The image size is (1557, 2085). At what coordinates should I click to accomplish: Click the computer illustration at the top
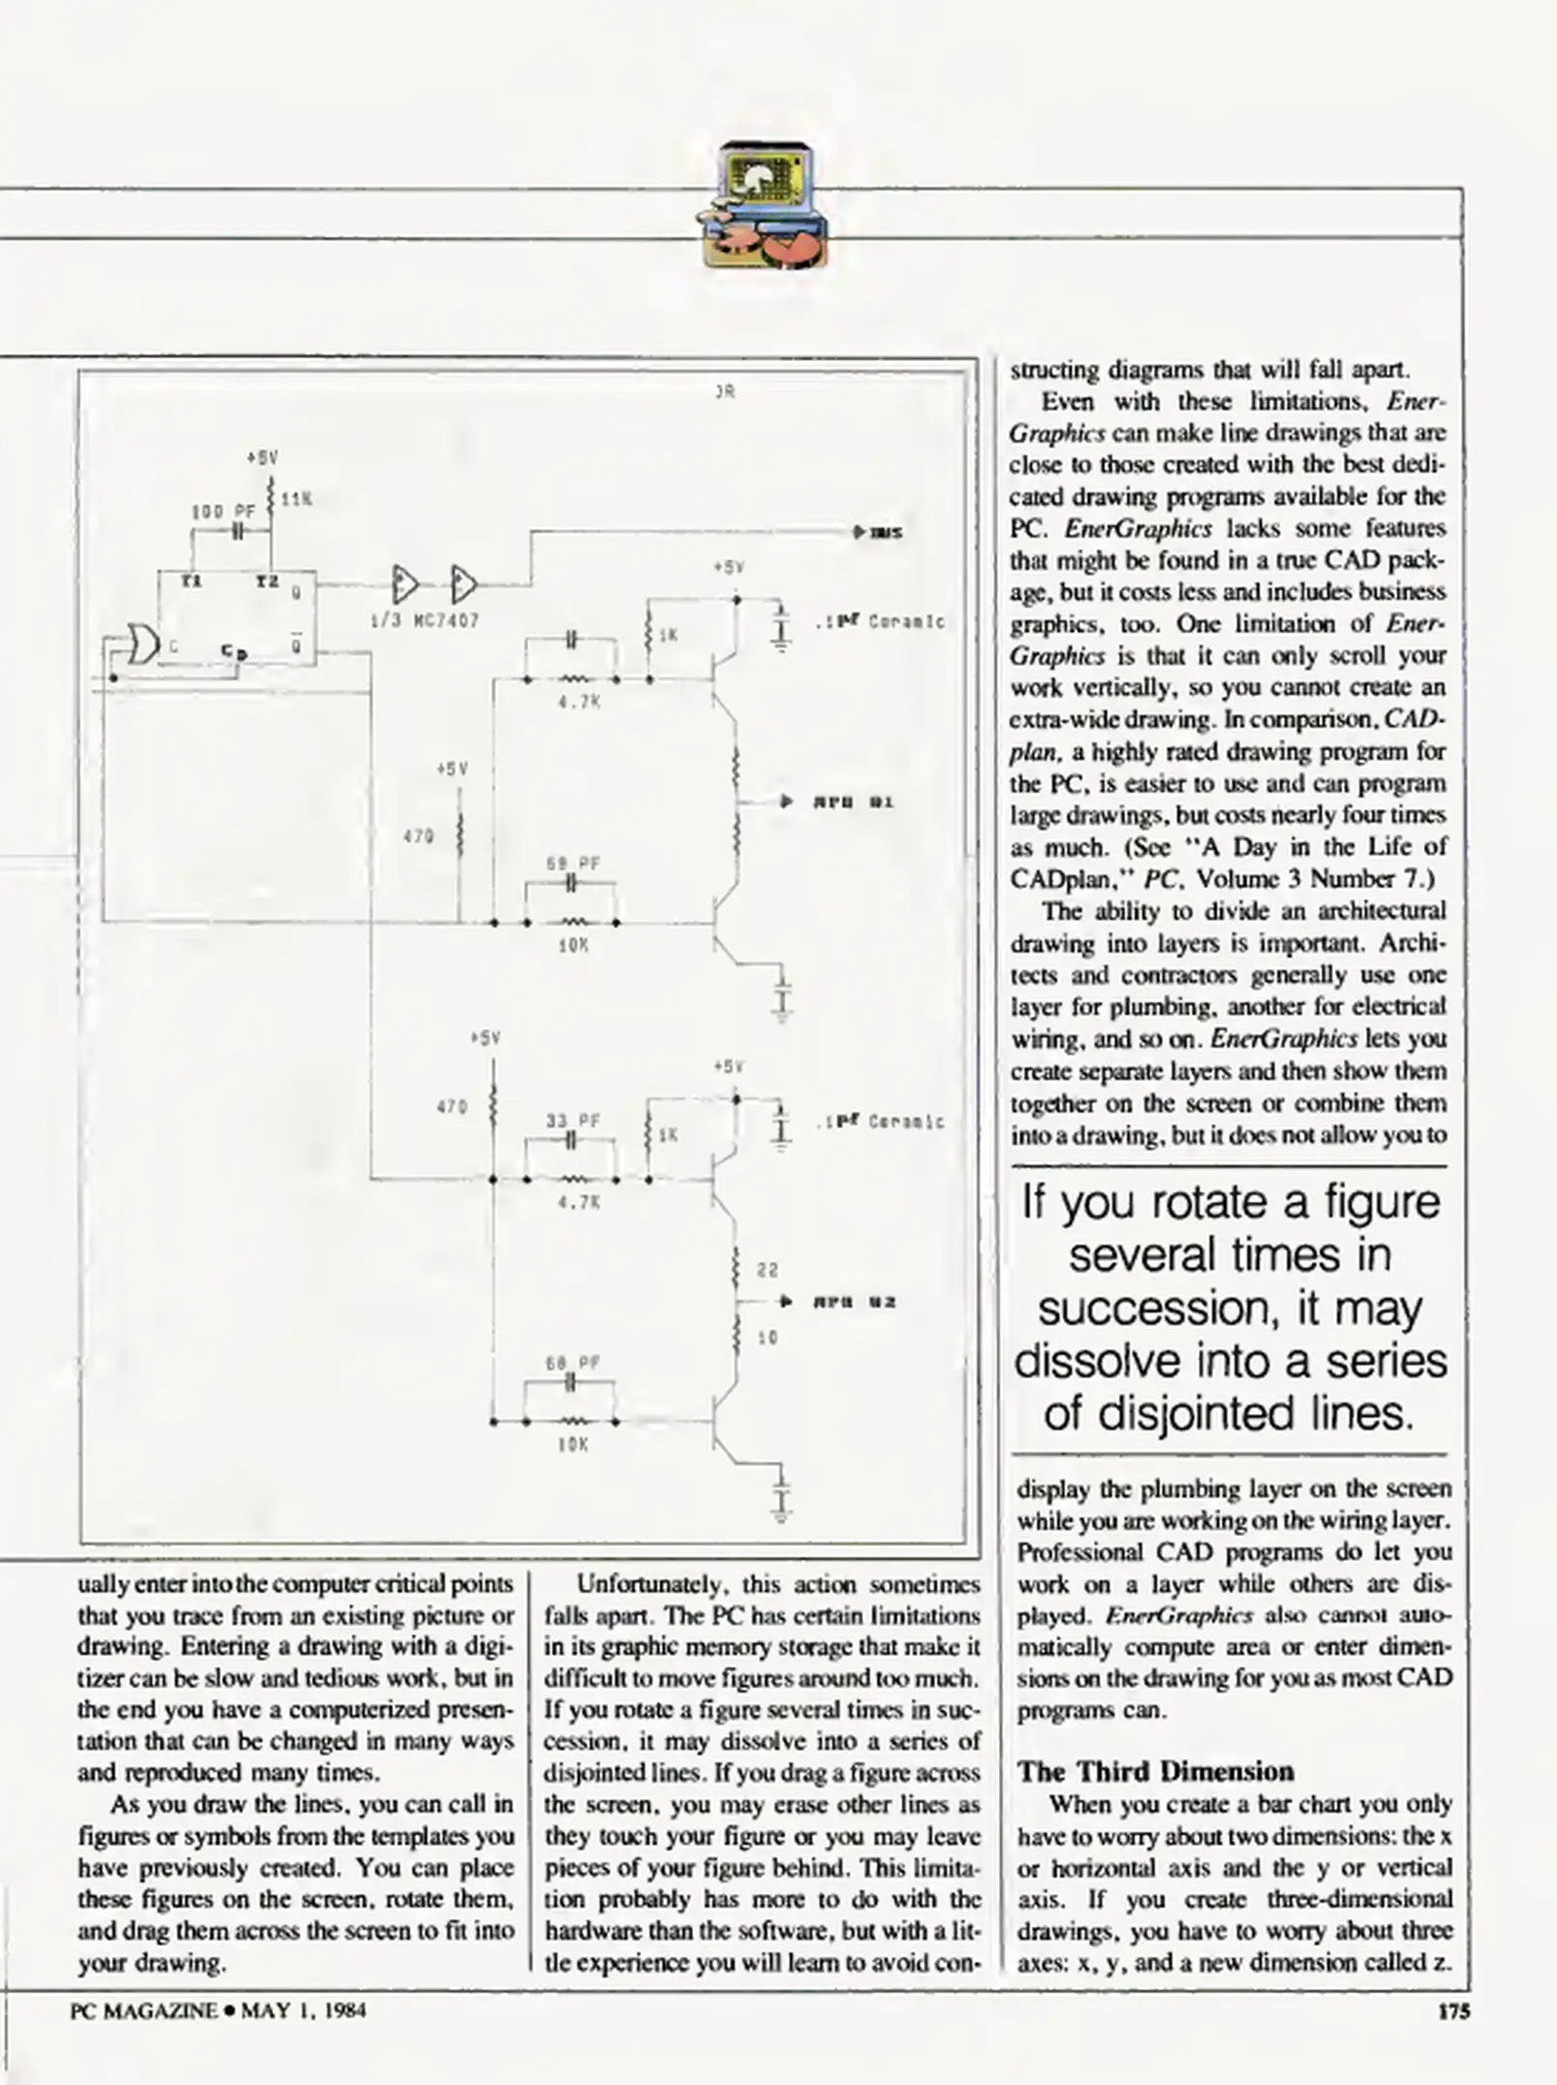[x=764, y=205]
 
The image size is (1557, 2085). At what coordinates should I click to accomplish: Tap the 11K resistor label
[x=295, y=499]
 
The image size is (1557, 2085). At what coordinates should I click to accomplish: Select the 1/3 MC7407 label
[x=425, y=621]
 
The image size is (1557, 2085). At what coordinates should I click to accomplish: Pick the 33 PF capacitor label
[x=572, y=1121]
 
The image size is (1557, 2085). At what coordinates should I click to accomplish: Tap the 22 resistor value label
[x=767, y=1270]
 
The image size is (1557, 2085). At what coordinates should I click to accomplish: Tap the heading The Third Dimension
[x=1154, y=1771]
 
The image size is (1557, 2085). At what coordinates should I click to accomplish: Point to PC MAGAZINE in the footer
[x=144, y=2011]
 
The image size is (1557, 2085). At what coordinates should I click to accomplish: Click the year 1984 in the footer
[x=345, y=2011]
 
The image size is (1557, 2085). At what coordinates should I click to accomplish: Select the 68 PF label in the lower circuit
[x=572, y=1363]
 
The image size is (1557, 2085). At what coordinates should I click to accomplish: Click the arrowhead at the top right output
[x=859, y=532]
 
